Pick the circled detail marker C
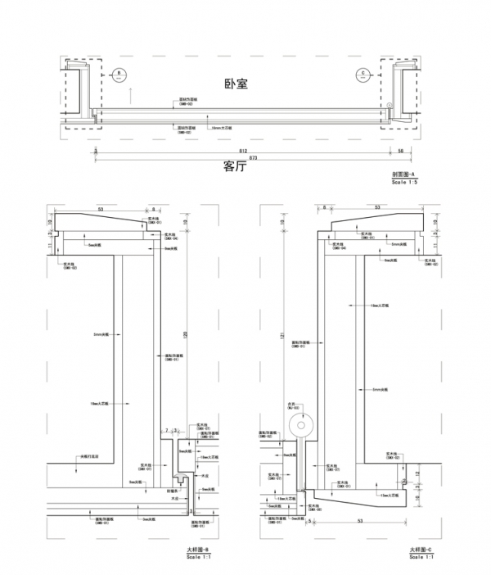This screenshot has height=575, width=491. tap(362, 74)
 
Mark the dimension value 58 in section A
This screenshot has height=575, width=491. tap(401, 152)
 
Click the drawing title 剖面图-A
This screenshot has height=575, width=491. tap(404, 175)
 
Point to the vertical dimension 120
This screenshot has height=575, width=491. tap(187, 334)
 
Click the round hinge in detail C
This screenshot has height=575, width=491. tap(301, 426)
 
